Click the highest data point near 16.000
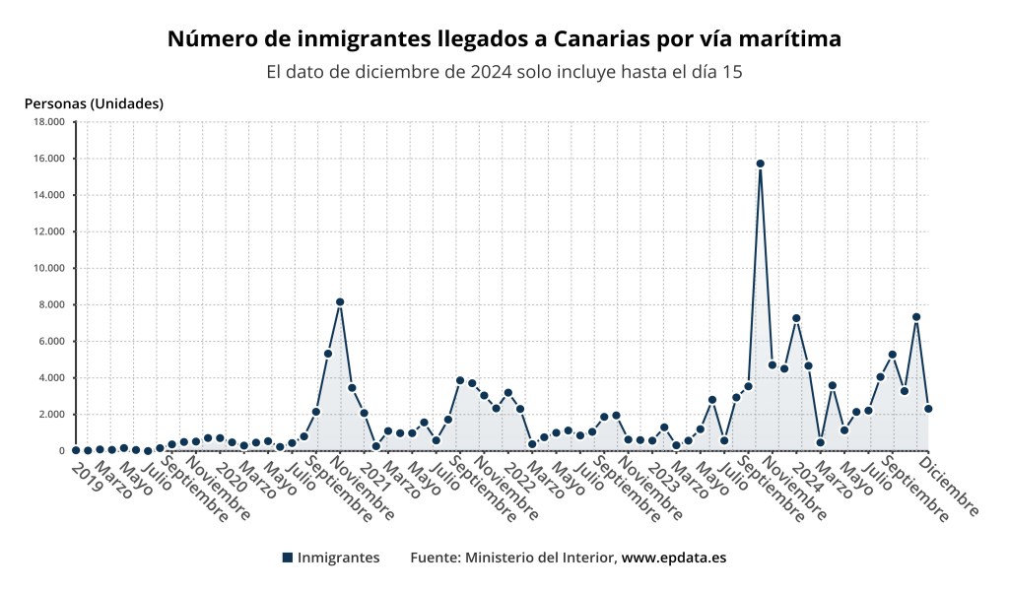(760, 164)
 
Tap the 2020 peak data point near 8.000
(340, 301)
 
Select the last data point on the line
(928, 409)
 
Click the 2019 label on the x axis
(87, 477)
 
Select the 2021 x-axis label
(375, 477)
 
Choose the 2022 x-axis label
(519, 477)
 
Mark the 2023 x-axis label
(663, 477)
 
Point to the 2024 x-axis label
(807, 477)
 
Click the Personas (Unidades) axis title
(94, 103)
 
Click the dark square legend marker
(288, 558)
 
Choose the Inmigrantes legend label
(338, 558)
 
